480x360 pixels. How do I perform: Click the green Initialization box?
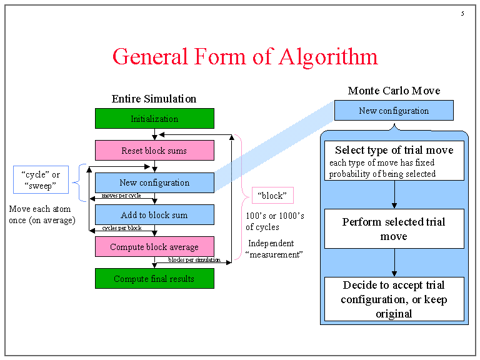(x=154, y=119)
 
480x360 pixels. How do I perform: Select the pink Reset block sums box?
(x=154, y=151)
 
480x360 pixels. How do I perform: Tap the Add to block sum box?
(x=154, y=215)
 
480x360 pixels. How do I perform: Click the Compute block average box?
(x=154, y=247)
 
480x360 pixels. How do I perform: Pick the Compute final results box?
(x=154, y=279)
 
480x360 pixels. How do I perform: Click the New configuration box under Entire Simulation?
(x=154, y=182)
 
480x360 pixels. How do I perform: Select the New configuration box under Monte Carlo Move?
(x=394, y=111)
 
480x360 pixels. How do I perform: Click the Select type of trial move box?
(x=394, y=161)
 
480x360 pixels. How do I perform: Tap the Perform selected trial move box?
(x=394, y=229)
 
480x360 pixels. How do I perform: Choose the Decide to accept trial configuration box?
(x=394, y=299)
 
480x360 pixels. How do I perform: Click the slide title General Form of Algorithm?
(x=245, y=56)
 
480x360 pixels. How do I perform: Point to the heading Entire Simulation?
(x=154, y=99)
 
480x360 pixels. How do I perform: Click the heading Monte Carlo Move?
(x=394, y=91)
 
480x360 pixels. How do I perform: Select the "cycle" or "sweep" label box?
(x=40, y=180)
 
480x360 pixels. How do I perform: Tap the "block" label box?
(x=272, y=196)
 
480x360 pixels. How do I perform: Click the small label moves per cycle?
(x=121, y=196)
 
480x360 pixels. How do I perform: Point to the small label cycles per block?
(x=122, y=228)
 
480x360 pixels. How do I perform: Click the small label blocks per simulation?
(x=194, y=260)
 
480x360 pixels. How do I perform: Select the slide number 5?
(x=462, y=14)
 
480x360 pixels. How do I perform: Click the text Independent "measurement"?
(x=275, y=249)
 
